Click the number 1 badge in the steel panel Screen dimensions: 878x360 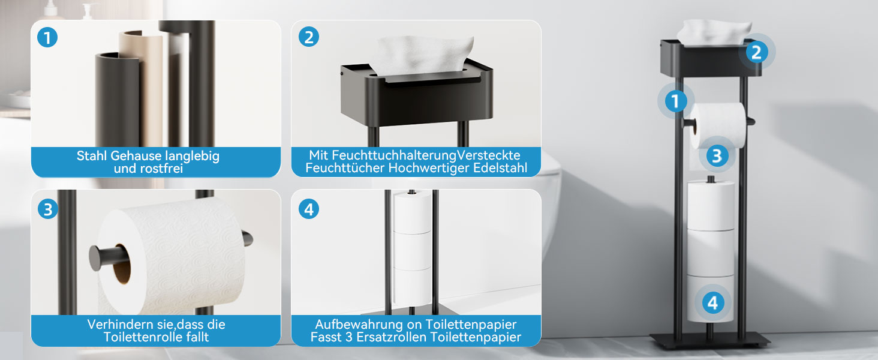47,38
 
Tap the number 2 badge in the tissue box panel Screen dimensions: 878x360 309,37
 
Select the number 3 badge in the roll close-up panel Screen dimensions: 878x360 48,209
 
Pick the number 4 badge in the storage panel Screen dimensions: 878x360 309,209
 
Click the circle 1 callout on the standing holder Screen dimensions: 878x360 675,101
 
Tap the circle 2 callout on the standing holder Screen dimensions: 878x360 756,52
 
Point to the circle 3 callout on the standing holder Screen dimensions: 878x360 717,155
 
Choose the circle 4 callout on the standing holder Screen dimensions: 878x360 713,303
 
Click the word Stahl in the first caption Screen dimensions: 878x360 92,155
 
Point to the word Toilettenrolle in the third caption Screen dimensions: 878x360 140,337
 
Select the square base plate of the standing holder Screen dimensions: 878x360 710,339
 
